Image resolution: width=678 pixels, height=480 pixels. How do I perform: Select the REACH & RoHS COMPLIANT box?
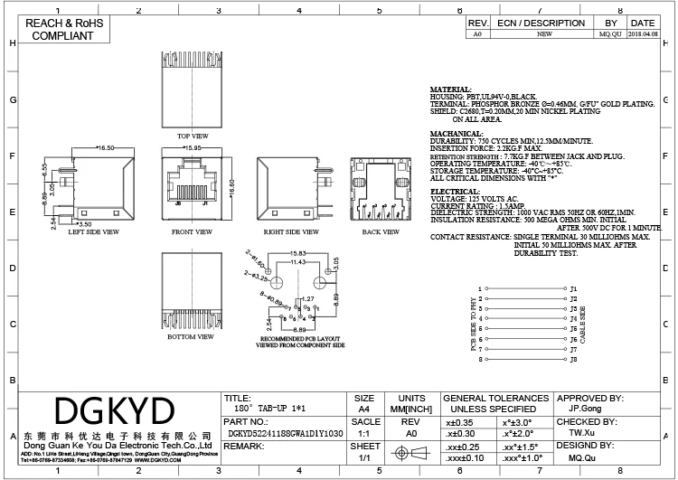point(63,30)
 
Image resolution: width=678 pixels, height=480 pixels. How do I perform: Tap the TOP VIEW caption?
point(193,136)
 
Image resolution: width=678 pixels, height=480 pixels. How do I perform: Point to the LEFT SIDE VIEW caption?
point(94,231)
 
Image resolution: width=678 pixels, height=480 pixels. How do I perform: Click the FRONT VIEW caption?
point(191,231)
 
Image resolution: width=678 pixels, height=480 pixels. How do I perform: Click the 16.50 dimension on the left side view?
point(105,146)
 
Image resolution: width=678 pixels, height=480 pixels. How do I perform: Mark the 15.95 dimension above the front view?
point(192,146)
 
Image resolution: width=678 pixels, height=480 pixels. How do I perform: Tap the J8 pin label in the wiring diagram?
point(574,359)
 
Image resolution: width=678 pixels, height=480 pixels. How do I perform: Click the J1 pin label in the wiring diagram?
point(574,288)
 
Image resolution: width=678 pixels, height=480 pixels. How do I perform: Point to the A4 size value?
point(364,409)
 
